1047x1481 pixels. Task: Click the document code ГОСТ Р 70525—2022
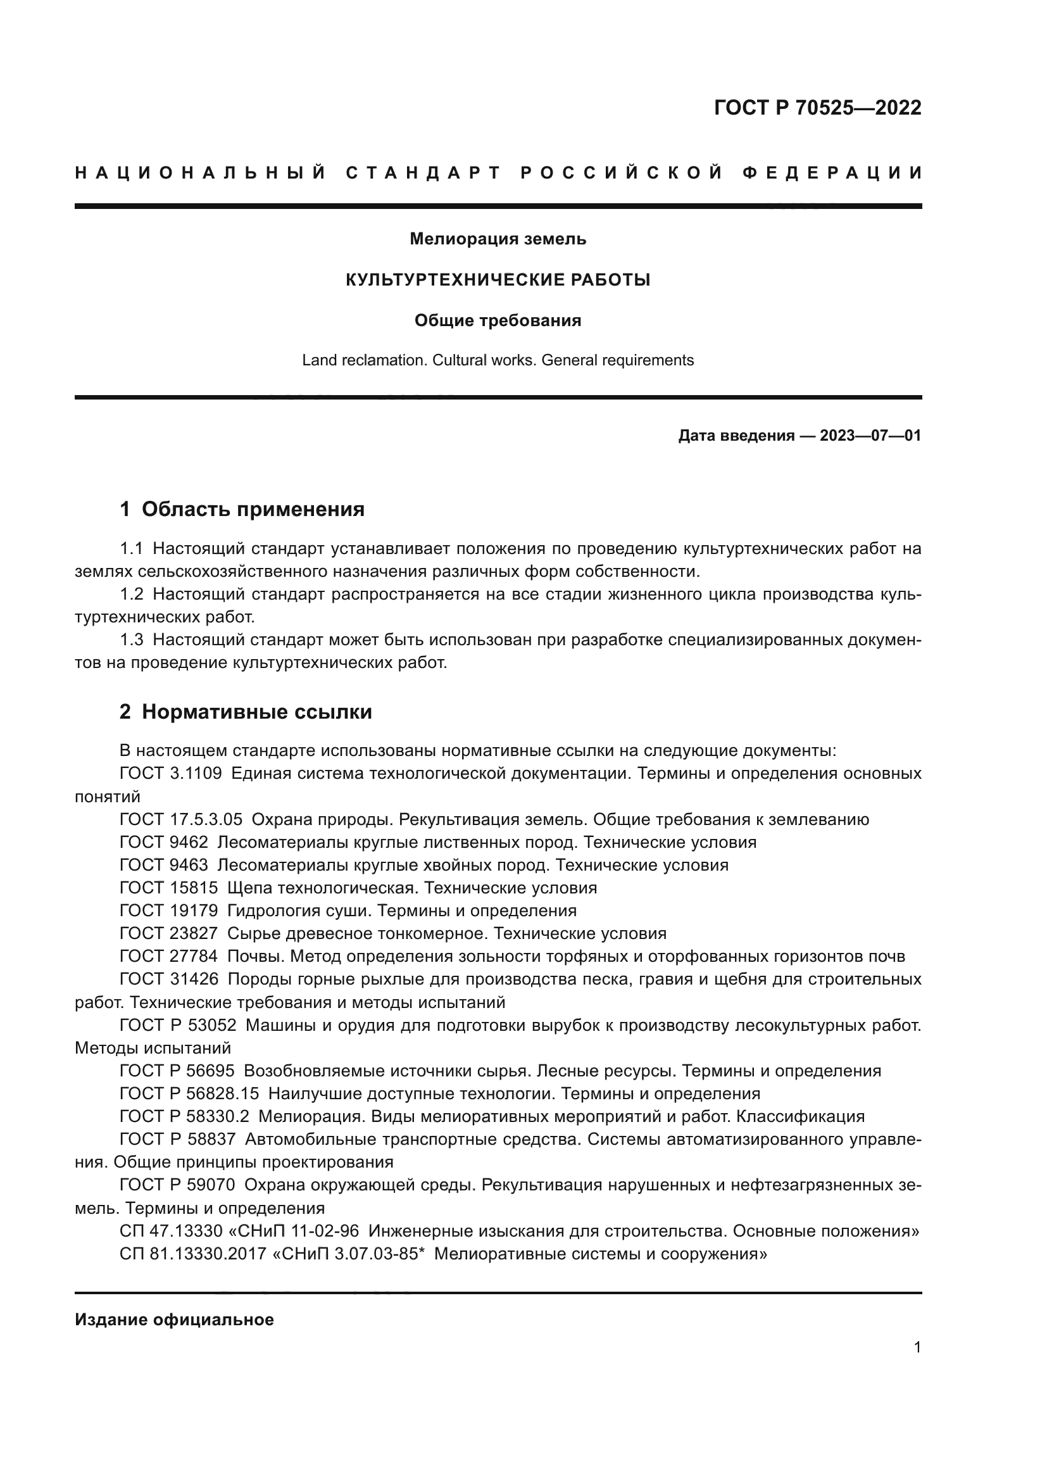817,108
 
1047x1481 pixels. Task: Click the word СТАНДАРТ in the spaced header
423,173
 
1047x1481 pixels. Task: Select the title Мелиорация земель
498,239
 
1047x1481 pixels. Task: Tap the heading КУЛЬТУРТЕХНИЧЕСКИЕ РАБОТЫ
498,280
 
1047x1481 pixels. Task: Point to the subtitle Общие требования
498,320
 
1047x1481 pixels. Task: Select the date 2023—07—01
870,436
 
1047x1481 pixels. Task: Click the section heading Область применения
253,510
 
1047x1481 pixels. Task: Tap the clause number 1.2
132,594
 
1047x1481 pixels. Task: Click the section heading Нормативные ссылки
256,712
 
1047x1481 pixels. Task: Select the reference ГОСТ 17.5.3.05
181,820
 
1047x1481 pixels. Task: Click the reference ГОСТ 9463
164,865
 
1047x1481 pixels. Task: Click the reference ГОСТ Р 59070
177,1185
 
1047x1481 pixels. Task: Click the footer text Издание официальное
174,1320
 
